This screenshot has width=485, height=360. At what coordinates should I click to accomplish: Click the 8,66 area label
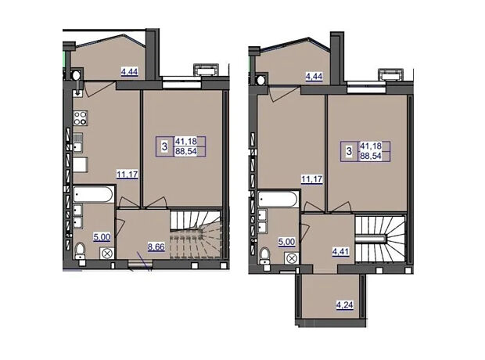click(x=156, y=247)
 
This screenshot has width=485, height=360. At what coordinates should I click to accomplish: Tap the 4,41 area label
click(x=340, y=251)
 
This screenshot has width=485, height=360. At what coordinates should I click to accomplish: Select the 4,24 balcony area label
click(x=345, y=305)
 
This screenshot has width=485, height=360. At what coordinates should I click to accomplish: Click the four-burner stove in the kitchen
click(x=81, y=118)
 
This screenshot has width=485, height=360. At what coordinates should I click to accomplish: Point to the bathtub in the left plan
click(x=93, y=194)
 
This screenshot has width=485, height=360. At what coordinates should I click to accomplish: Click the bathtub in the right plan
click(x=278, y=199)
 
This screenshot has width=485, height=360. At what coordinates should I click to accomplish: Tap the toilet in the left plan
click(x=80, y=251)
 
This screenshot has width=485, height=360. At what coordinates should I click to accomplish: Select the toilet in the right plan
click(x=265, y=256)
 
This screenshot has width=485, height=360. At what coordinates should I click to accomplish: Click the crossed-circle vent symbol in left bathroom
click(x=107, y=254)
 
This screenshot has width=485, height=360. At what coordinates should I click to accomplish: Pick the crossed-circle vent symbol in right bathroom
click(x=292, y=258)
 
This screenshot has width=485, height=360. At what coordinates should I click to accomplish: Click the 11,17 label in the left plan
click(x=128, y=175)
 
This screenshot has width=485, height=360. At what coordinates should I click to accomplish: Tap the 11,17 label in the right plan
click(x=312, y=179)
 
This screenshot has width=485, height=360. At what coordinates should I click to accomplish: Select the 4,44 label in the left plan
click(x=129, y=72)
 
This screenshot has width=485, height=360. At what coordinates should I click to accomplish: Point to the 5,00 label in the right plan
click(x=286, y=242)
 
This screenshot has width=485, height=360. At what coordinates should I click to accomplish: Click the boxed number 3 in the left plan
click(x=164, y=146)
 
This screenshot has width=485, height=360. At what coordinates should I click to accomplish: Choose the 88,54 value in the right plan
click(x=371, y=156)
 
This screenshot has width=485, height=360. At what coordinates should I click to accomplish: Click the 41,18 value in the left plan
click(x=186, y=142)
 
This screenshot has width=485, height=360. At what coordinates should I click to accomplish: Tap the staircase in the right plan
click(x=380, y=239)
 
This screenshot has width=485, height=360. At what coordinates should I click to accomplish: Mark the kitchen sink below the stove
click(x=78, y=142)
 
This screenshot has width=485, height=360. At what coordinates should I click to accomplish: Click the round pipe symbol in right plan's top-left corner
click(x=260, y=80)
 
